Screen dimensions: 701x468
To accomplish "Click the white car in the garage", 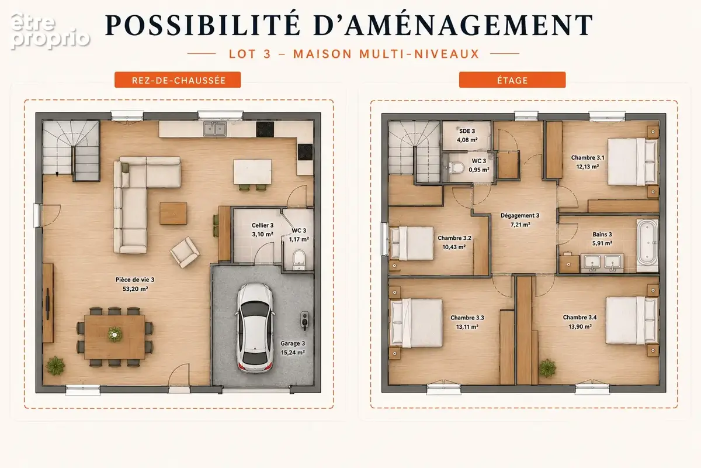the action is [255, 328].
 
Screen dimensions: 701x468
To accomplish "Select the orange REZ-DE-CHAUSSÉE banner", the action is [178, 80].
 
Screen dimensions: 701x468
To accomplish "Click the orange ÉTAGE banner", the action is [512, 80].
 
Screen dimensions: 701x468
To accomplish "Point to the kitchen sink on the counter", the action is [215, 129].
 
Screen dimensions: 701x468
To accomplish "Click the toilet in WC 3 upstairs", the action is [456, 168].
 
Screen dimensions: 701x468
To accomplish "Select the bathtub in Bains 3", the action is [647, 245].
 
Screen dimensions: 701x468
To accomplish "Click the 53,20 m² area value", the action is [135, 289].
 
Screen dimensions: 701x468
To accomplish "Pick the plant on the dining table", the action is [115, 335].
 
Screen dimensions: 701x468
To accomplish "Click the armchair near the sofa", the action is [185, 252].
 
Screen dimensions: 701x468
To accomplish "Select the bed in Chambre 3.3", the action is [417, 323].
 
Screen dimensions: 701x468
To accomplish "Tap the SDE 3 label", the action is [467, 131].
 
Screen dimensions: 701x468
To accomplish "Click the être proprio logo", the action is [50, 31].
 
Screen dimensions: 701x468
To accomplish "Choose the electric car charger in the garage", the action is [304, 321].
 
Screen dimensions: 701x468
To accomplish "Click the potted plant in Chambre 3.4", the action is [547, 368].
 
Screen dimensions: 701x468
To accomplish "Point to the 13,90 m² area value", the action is [580, 326].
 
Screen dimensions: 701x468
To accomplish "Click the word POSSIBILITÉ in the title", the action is [203, 25].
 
